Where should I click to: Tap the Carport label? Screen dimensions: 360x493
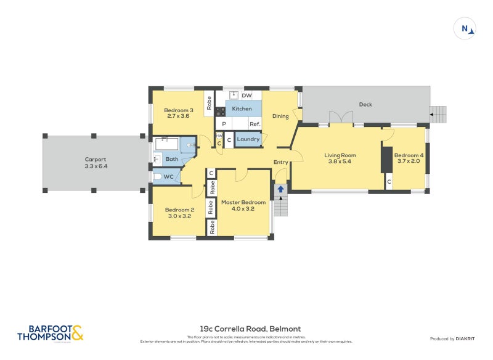pos(96,159)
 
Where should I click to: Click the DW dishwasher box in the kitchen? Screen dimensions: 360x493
pos(246,96)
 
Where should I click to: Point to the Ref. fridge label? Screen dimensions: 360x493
pos(255,124)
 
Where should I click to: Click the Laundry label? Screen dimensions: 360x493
pos(248,139)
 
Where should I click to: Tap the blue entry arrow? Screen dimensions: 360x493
pos(281,189)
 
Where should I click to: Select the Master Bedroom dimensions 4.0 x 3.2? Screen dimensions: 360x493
pos(243,209)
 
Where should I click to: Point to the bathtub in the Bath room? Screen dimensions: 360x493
pos(166,144)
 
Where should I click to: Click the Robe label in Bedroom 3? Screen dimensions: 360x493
pos(210,102)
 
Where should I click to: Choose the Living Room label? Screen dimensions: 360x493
pos(340,155)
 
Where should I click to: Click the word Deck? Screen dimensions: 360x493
pos(365,104)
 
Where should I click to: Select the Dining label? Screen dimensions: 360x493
pos(280,116)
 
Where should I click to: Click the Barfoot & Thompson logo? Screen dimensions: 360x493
pos(49,333)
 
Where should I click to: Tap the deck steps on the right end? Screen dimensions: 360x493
pos(438,113)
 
